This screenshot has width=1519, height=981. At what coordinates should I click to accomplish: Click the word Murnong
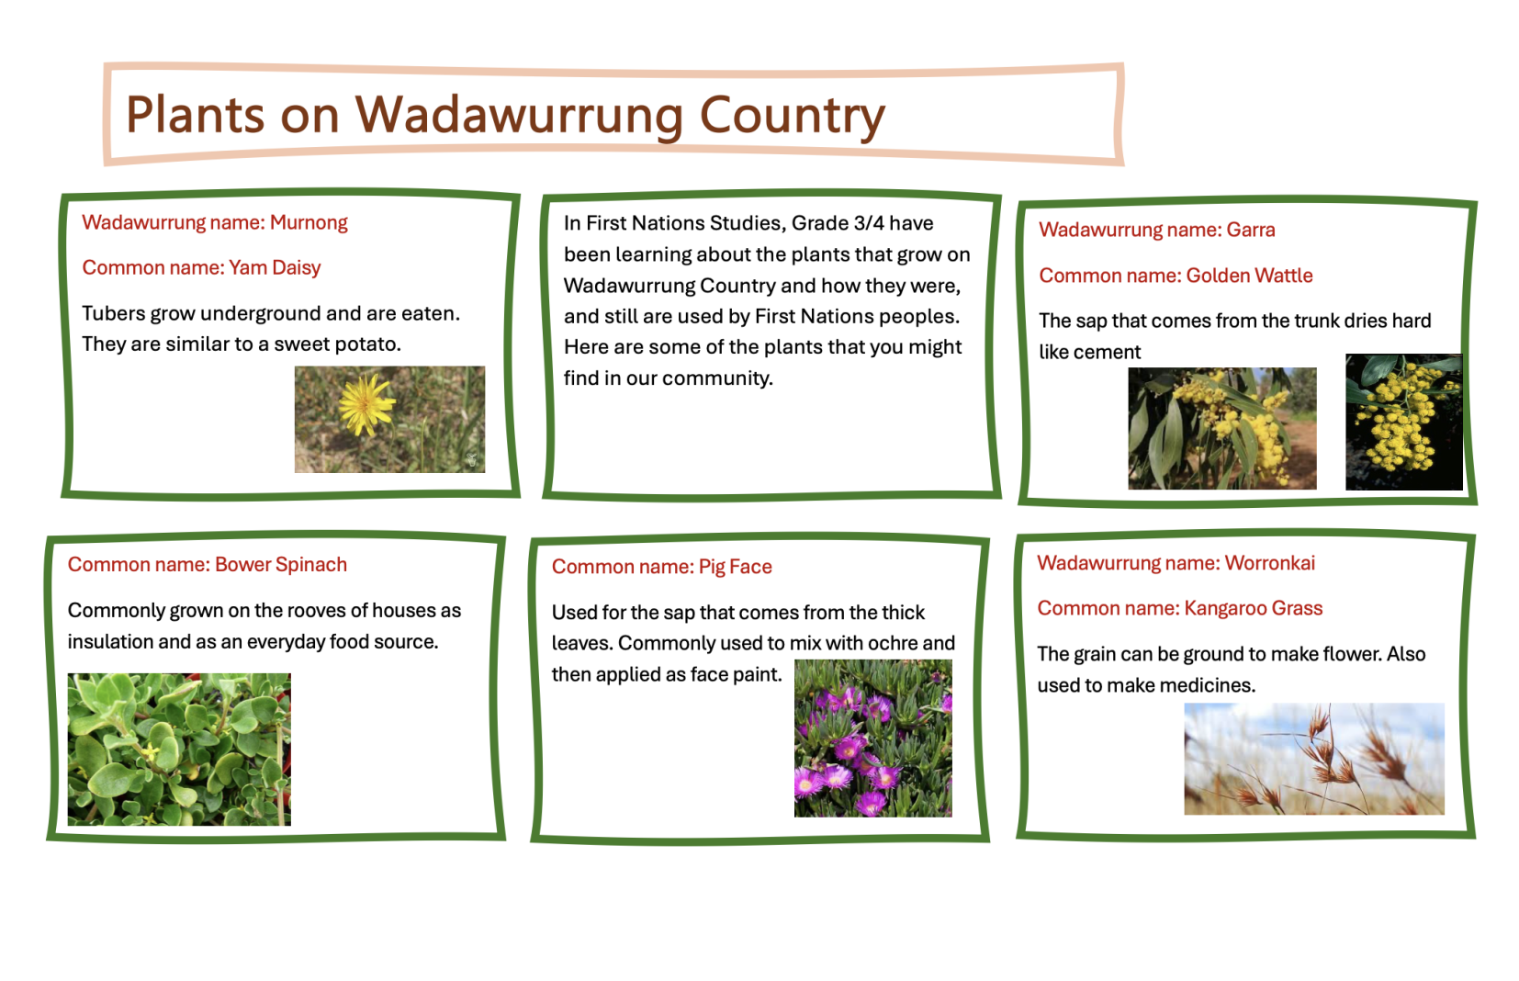coord(309,222)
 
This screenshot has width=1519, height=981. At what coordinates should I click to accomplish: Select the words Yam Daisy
coord(274,268)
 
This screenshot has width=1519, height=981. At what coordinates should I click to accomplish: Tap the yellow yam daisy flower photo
coord(390,419)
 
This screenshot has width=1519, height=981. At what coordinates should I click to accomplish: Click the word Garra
coord(1251,230)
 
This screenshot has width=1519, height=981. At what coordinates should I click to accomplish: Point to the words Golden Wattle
coord(1249,276)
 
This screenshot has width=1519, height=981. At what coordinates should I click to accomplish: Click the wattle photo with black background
coord(1403,422)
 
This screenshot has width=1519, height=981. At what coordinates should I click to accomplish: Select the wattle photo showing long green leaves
coord(1222,428)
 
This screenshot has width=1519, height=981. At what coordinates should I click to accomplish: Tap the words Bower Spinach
coord(281,565)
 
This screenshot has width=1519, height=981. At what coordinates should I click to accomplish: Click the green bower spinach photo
coord(179,749)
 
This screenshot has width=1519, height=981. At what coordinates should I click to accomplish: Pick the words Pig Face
coord(735,567)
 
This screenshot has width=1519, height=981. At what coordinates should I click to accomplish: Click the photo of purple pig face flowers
coord(872,739)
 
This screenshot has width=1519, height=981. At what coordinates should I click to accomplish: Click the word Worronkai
coord(1269,563)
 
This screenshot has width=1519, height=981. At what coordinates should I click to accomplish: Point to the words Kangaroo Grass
coord(1254,609)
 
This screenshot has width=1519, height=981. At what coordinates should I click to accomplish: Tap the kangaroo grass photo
coord(1314,759)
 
